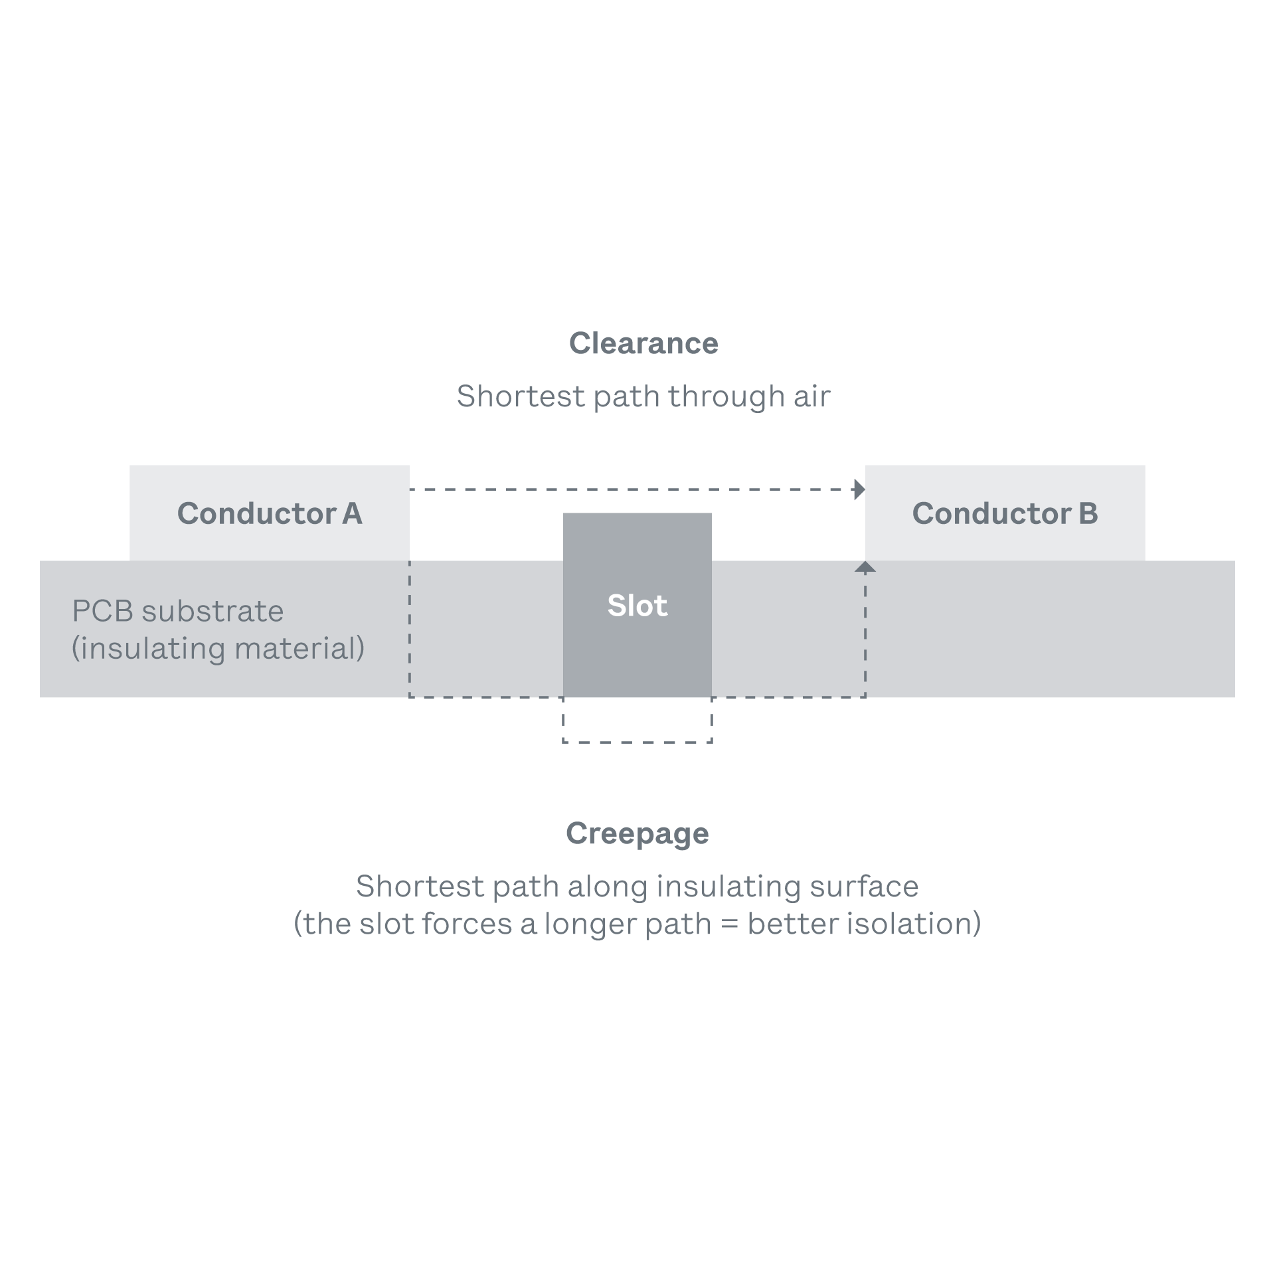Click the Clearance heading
pyautogui.click(x=643, y=343)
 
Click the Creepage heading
pyautogui.click(x=637, y=833)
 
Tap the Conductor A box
pyautogui.click(x=269, y=513)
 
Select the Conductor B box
pyautogui.click(x=1005, y=513)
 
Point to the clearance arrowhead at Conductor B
pyautogui.click(x=860, y=489)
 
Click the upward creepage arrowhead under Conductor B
pyautogui.click(x=865, y=567)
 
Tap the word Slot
pyautogui.click(x=637, y=606)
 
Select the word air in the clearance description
pyautogui.click(x=811, y=396)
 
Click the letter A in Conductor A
pyautogui.click(x=352, y=513)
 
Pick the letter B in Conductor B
pyautogui.click(x=1088, y=513)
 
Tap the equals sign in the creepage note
pyautogui.click(x=729, y=924)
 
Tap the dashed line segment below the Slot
pyautogui.click(x=637, y=742)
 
